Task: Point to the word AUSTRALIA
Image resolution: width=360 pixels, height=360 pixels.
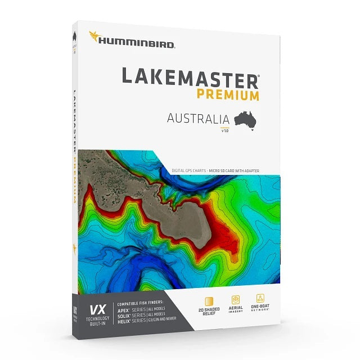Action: (x=198, y=119)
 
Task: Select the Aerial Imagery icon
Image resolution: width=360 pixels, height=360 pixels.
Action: (x=236, y=300)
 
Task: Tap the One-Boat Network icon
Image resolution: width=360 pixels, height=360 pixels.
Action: (x=261, y=299)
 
